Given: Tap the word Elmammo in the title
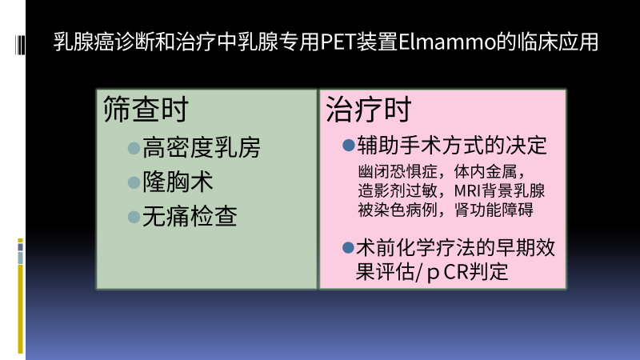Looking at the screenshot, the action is (446, 42).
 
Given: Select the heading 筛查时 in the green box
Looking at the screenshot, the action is (146, 109).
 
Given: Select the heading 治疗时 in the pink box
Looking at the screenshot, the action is (369, 110).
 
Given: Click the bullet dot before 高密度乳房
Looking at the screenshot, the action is (134, 148).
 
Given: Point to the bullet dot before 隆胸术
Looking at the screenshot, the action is (134, 182).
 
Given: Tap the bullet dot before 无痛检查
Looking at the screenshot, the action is (134, 217).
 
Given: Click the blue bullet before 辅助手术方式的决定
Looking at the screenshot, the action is (348, 146).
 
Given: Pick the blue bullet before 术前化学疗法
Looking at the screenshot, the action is (348, 247).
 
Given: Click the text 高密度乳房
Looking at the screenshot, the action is (202, 148).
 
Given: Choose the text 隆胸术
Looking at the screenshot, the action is (178, 182).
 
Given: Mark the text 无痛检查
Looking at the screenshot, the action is (190, 216).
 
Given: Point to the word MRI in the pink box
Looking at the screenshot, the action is (467, 191).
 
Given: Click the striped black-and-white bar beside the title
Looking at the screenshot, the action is (20, 45).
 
